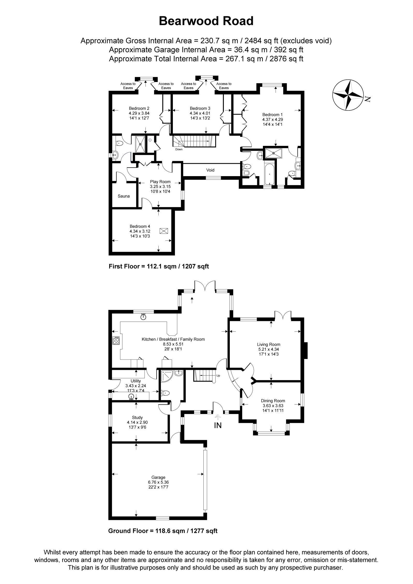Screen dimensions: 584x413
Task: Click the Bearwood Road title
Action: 206,21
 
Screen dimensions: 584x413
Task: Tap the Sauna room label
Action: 123,196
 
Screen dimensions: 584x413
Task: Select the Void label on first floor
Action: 210,170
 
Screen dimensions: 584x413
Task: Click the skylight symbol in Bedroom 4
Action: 164,231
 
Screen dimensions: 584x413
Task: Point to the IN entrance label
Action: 218,425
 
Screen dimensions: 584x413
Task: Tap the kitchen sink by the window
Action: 143,317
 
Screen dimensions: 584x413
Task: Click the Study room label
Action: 137,417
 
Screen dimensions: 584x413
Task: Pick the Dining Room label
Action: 273,401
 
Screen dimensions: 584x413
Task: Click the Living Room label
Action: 268,344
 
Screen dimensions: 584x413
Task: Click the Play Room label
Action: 160,182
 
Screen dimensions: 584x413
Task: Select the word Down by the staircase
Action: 179,149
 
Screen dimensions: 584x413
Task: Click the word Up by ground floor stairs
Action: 218,376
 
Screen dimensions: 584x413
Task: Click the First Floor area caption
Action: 159,266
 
